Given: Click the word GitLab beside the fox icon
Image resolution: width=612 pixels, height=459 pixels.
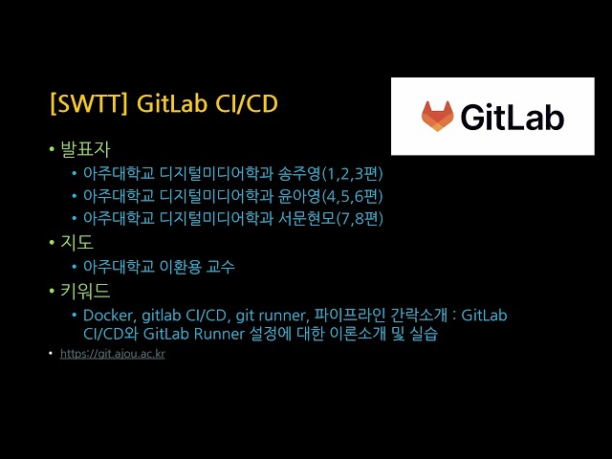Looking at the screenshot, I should (512, 117).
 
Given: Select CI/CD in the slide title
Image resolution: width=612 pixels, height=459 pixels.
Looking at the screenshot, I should (243, 103).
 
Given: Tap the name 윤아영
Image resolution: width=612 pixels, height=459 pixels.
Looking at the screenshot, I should (300, 196).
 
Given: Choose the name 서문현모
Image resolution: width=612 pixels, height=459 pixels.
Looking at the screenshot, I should (309, 219).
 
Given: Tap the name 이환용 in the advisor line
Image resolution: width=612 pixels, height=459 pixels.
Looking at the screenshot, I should (174, 267).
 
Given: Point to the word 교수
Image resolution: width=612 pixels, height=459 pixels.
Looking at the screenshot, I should (219, 267).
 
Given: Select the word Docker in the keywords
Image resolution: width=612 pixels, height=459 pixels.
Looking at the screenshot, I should (107, 315).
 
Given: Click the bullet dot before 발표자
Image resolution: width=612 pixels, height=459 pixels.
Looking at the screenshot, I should (52, 150).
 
